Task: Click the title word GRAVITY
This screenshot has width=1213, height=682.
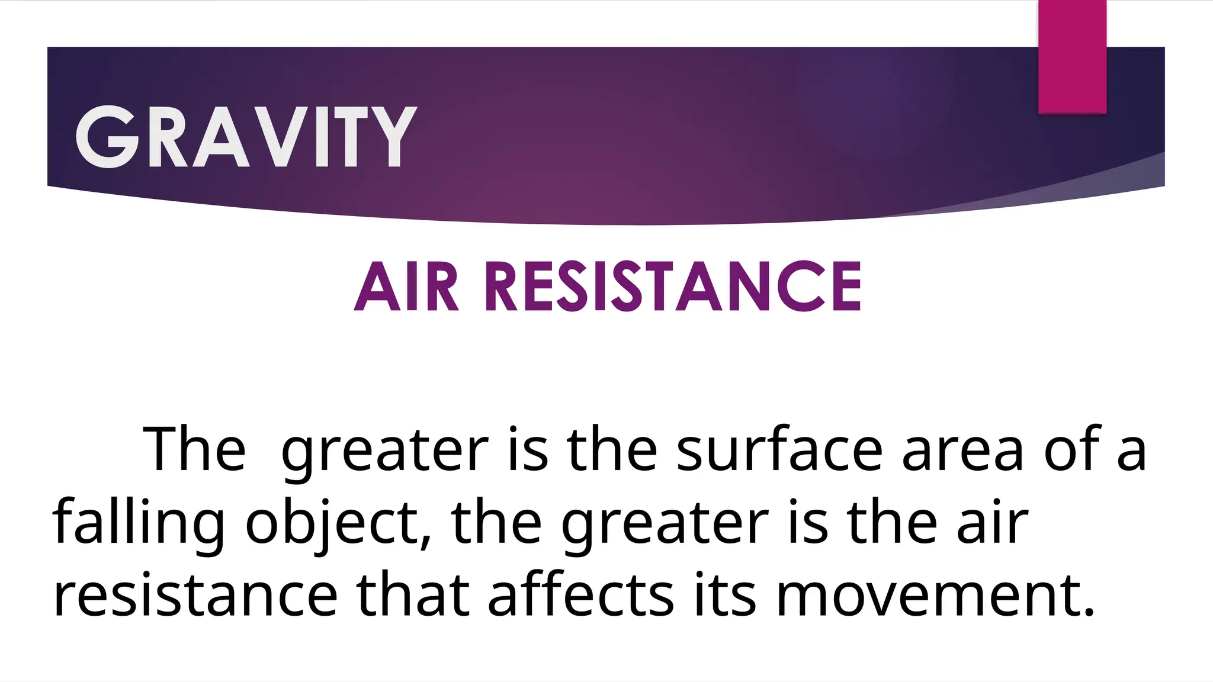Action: click(x=246, y=137)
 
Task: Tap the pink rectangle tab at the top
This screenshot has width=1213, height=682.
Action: click(x=1072, y=57)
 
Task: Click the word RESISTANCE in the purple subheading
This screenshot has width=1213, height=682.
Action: click(x=673, y=287)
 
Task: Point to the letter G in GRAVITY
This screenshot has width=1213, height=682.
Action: click(x=107, y=137)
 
